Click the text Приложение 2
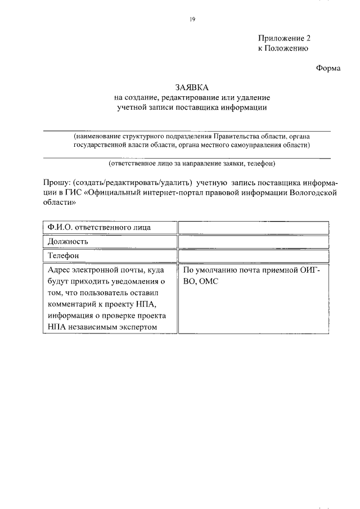(x=284, y=38)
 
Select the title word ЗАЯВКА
(x=191, y=88)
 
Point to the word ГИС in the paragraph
(x=74, y=193)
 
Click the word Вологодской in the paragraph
(x=312, y=193)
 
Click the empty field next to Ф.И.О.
(x=254, y=227)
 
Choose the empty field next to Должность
(x=254, y=242)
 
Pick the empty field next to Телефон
(x=254, y=256)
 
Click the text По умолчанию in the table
(x=209, y=270)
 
